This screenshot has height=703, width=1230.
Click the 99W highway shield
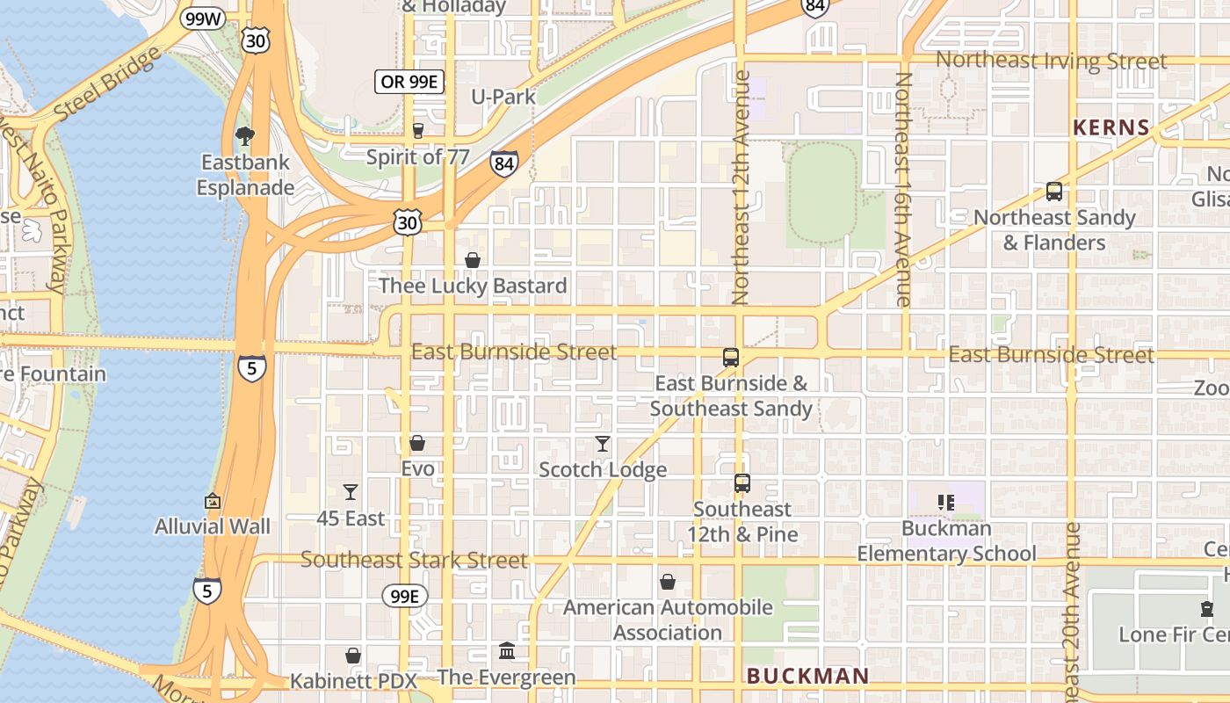(204, 18)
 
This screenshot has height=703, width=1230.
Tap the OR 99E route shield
(409, 82)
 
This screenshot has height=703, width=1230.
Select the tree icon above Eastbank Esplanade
(245, 136)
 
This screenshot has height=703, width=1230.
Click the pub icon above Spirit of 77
(418, 131)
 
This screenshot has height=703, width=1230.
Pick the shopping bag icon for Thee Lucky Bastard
(473, 260)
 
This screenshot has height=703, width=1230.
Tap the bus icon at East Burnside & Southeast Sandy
(731, 358)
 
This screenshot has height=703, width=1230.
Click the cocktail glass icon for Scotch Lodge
(603, 444)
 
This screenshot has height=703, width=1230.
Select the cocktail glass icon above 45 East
(351, 492)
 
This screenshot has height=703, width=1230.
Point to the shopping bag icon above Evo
(417, 443)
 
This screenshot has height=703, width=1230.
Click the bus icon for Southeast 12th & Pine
(742, 483)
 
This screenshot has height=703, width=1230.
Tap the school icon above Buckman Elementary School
(946, 503)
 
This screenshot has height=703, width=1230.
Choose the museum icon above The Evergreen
(507, 651)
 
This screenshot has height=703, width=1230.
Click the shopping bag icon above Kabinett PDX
(353, 656)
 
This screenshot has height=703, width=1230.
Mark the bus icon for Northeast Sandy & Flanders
(1054, 192)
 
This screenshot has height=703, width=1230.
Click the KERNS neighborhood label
(1111, 127)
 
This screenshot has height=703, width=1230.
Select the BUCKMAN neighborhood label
(807, 676)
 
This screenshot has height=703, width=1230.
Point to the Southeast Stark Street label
(414, 560)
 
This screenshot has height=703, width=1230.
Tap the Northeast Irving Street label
(1052, 61)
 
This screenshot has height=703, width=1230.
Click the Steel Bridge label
(108, 84)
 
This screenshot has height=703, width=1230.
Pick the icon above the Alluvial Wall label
(213, 502)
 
